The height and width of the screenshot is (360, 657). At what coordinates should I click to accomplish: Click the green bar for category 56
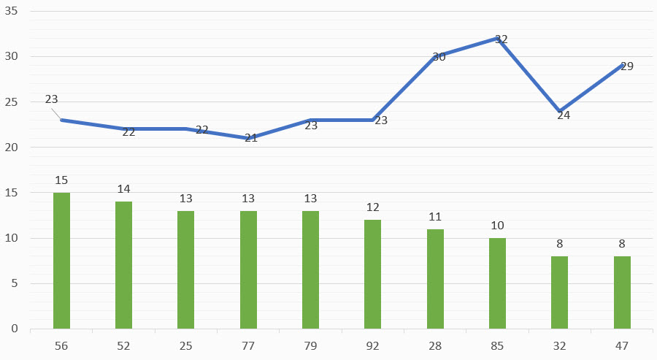[x=61, y=261]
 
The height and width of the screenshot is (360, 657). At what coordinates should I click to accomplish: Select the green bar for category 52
[x=123, y=265]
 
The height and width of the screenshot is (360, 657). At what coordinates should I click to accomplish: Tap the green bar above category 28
[x=435, y=279]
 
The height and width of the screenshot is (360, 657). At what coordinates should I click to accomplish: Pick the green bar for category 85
[x=497, y=283]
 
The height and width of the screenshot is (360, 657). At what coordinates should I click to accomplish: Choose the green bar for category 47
[x=622, y=292]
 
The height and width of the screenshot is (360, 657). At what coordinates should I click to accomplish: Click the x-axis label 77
[x=248, y=345]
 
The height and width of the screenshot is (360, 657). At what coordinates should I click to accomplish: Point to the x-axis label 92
[x=373, y=345]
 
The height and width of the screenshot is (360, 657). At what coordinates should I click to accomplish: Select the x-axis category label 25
[x=186, y=345]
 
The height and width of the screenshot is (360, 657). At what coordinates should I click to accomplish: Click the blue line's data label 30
[x=439, y=56]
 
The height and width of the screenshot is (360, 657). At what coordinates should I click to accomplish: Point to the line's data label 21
[x=251, y=137]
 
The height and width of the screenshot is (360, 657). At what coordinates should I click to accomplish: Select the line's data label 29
[x=626, y=66]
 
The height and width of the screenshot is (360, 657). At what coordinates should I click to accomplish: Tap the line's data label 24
[x=564, y=115]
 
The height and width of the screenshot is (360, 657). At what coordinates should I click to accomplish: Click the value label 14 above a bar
[x=123, y=189]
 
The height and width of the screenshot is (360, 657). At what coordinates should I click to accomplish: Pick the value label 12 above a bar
[x=373, y=207]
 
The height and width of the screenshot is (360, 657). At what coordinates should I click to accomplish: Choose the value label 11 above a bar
[x=435, y=216]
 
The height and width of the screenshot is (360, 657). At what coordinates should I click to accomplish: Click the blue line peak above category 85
[x=497, y=39]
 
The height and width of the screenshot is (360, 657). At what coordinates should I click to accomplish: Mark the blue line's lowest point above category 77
[x=248, y=138]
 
